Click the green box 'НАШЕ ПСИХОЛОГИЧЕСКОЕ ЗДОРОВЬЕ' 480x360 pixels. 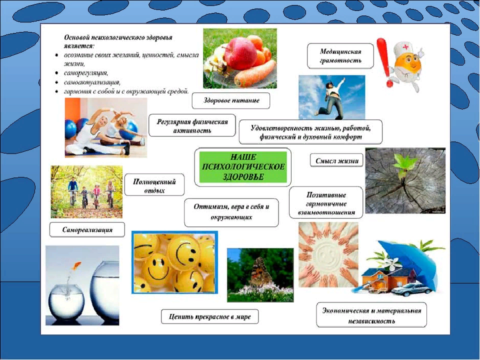243,167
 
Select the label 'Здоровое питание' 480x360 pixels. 231,100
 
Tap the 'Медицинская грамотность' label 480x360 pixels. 340,56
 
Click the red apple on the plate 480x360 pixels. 240,53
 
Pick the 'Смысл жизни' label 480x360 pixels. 336,160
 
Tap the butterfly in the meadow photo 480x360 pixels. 260,271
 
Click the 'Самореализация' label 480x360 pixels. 87,229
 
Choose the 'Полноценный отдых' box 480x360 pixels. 154,185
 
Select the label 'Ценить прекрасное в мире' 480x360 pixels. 209,316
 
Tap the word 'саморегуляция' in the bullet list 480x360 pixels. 85,73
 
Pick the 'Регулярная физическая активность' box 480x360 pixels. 192,126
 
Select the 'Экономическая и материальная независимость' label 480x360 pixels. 371,315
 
